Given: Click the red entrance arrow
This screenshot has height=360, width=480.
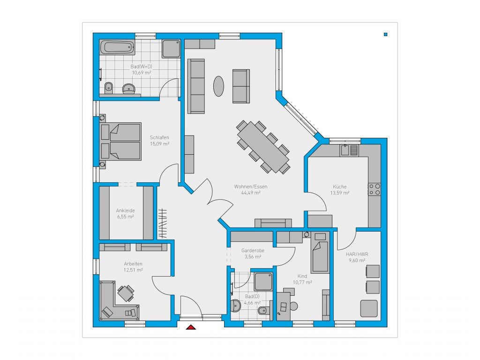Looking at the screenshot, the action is click(x=191, y=327).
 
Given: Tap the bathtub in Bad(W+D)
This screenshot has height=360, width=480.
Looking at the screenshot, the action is click(x=117, y=47).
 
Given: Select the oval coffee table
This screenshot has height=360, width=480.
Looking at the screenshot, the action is click(x=218, y=86).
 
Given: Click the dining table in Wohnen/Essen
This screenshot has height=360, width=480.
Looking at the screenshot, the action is click(x=263, y=147).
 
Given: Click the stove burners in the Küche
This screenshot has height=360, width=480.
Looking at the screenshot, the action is click(x=375, y=189).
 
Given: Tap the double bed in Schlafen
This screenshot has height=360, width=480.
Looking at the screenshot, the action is click(x=121, y=142).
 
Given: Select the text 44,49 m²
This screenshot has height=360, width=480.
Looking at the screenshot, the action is click(x=251, y=193).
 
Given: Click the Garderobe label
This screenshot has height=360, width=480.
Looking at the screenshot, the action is click(x=253, y=250).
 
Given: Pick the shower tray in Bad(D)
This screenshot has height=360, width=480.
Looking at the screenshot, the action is click(x=263, y=281).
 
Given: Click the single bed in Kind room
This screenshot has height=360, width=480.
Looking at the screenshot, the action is click(x=320, y=256).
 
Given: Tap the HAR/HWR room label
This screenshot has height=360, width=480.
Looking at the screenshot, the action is click(x=357, y=254).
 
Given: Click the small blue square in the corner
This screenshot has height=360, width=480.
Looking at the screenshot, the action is click(x=386, y=34).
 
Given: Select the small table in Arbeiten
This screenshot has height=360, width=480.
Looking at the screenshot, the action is click(x=125, y=293).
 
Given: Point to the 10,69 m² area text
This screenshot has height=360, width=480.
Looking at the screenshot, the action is click(x=142, y=73).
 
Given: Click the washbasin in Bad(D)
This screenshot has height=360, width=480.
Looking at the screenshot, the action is click(x=236, y=306).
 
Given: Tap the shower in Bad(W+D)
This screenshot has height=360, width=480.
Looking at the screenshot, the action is click(x=171, y=49).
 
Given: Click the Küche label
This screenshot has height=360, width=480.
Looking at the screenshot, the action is click(x=340, y=187).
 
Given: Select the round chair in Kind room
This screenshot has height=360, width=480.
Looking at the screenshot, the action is click(x=294, y=306).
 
